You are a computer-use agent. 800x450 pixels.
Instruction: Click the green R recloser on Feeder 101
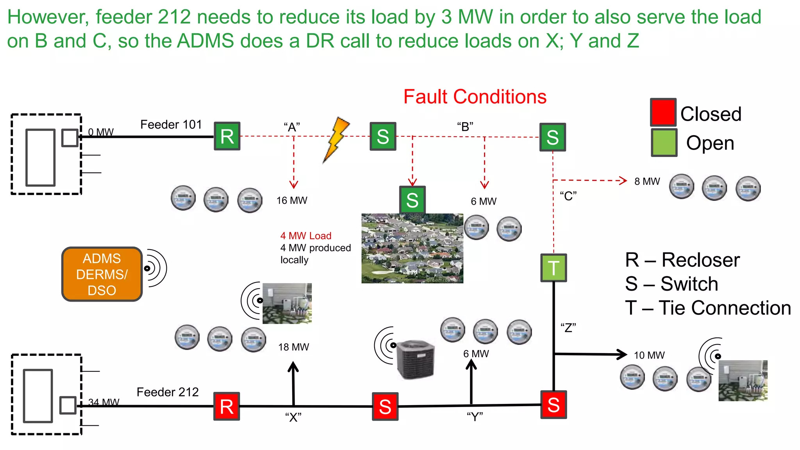(x=227, y=136)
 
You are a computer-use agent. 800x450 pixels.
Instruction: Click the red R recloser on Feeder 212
(x=227, y=406)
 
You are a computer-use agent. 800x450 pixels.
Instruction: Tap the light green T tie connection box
(x=554, y=268)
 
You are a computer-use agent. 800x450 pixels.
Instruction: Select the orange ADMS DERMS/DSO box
(x=102, y=274)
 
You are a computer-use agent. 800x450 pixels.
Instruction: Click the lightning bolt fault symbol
(x=336, y=139)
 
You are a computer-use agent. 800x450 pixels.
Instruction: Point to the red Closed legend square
(x=663, y=112)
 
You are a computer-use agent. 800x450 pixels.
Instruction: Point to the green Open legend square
(x=664, y=143)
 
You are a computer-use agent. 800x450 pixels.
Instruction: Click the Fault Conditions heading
(x=475, y=97)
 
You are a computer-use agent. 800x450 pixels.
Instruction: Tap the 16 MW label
(x=292, y=200)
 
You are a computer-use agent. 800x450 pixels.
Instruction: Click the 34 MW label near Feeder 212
(x=104, y=402)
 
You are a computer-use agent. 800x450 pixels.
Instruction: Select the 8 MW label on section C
(x=647, y=181)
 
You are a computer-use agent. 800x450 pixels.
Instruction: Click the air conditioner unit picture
(x=415, y=359)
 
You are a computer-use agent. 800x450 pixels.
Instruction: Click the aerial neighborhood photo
(x=412, y=248)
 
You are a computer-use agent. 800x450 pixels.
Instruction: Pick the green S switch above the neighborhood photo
(x=412, y=200)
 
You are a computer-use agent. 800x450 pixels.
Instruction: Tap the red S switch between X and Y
(x=385, y=407)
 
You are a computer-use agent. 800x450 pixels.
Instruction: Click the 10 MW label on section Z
(x=649, y=355)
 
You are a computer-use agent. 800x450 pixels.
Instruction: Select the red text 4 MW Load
(x=306, y=236)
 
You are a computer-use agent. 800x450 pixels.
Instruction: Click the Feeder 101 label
(x=171, y=124)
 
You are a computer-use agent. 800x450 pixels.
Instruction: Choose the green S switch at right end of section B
(x=552, y=137)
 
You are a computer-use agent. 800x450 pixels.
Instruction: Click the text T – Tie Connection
(x=708, y=308)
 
